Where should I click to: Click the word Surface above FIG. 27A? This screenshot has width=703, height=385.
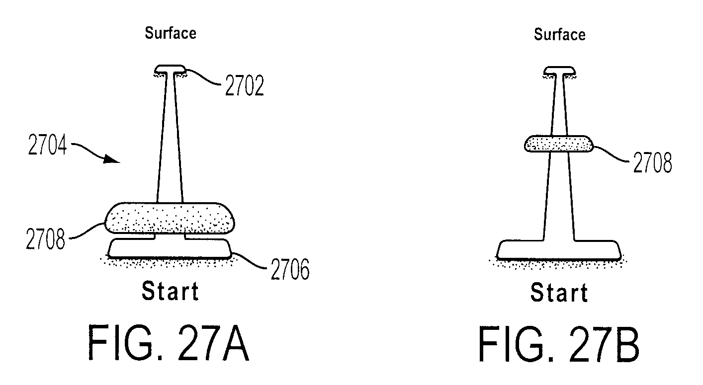coord(171,33)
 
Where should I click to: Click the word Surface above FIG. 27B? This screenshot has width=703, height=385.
coord(560,34)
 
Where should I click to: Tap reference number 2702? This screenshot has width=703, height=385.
coord(245,85)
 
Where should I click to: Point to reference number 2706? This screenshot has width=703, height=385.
coord(290,269)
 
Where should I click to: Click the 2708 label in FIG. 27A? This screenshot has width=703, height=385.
coord(46,239)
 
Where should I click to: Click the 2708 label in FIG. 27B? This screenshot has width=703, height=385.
coord(652,162)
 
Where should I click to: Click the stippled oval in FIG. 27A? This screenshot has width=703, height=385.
coord(170,218)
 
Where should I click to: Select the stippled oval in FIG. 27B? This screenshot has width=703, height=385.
coord(559,144)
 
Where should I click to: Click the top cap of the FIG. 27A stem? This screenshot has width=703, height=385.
coord(170,69)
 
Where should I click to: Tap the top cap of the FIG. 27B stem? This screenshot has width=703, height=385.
coord(560,71)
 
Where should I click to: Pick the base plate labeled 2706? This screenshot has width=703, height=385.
coord(170,248)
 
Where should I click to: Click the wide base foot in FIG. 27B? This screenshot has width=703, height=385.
coord(559,250)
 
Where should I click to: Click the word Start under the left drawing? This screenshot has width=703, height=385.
coord(171,291)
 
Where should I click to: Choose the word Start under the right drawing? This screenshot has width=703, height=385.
coord(559,292)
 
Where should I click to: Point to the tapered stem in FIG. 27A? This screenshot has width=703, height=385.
coord(170,138)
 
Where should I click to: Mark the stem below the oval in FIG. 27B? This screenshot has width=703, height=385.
coord(559,196)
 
